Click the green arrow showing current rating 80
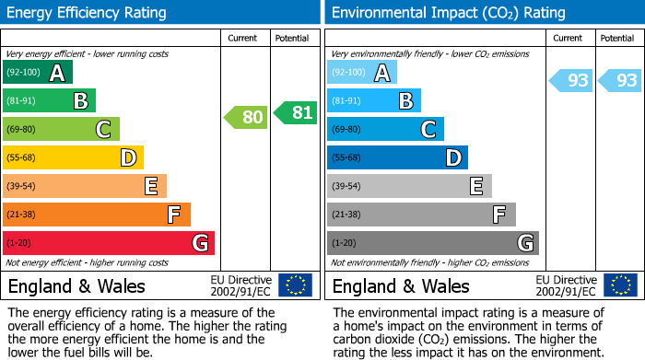click(245, 117)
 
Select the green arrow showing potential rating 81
click(295, 112)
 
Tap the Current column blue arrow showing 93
click(570, 80)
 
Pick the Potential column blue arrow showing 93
click(619, 80)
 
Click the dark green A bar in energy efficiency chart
click(38, 73)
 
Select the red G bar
click(109, 243)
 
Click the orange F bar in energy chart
click(97, 215)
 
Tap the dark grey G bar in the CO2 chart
click(432, 243)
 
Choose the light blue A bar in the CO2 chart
click(362, 73)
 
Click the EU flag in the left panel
click(295, 285)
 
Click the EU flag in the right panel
click(619, 285)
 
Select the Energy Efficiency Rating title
click(88, 13)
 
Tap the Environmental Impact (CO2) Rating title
click(448, 13)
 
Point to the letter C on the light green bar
click(104, 130)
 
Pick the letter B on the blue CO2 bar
click(405, 101)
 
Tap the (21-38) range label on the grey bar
click(346, 215)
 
